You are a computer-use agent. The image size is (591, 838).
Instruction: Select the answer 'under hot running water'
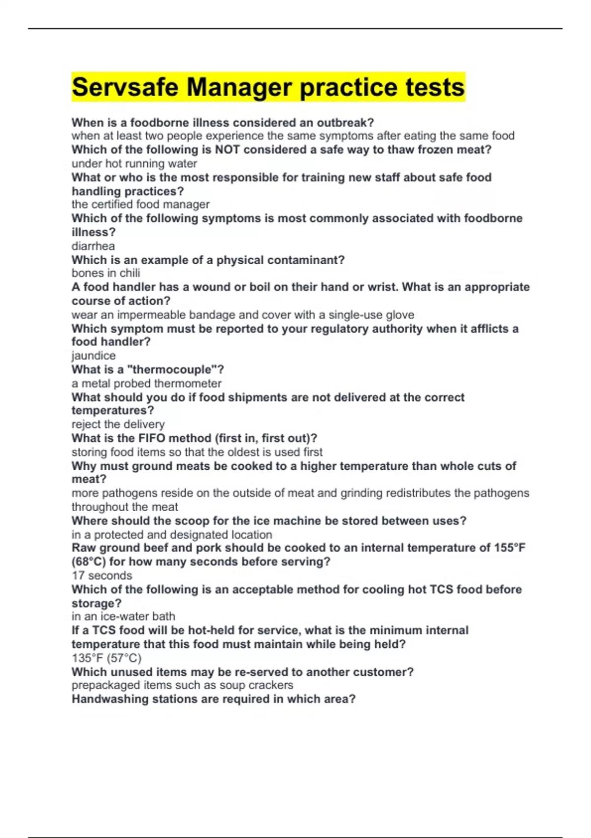click(134, 164)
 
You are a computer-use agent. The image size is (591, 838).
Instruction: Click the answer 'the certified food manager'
click(140, 205)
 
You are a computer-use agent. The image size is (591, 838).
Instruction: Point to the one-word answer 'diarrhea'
click(93, 246)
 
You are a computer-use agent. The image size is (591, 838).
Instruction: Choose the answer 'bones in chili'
click(106, 273)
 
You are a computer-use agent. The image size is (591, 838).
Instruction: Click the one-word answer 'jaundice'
click(94, 355)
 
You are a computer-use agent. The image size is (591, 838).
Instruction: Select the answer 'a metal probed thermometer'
click(146, 384)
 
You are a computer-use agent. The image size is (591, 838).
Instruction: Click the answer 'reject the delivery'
click(118, 424)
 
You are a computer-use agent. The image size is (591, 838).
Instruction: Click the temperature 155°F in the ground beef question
click(509, 548)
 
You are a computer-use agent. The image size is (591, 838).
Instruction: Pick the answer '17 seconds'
click(102, 575)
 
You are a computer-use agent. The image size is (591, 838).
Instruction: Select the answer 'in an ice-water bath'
click(123, 616)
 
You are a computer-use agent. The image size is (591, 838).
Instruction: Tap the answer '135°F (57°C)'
click(106, 658)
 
